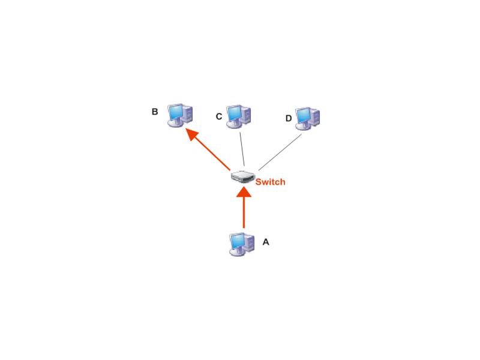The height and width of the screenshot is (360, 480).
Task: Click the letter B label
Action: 155,112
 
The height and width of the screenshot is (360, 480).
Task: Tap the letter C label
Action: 219,116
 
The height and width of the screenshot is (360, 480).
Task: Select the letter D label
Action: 289,118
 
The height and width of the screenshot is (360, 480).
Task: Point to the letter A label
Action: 266,242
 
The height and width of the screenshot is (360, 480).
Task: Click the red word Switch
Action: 271,182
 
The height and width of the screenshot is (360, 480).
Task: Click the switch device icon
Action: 243,176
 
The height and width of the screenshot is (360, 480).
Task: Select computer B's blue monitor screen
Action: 176,112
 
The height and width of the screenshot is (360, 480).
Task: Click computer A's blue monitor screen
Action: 237,242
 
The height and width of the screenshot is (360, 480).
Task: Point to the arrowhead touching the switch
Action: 244,191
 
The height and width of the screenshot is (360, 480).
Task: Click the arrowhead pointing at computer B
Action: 193,134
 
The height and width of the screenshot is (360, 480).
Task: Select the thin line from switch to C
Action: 242,149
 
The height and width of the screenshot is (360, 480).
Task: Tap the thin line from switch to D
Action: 280,152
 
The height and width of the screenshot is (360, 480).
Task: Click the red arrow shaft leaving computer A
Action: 244,213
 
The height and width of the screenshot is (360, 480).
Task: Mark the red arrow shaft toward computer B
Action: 213,154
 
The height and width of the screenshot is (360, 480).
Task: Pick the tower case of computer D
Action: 314,117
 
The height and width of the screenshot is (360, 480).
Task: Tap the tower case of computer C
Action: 246,115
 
